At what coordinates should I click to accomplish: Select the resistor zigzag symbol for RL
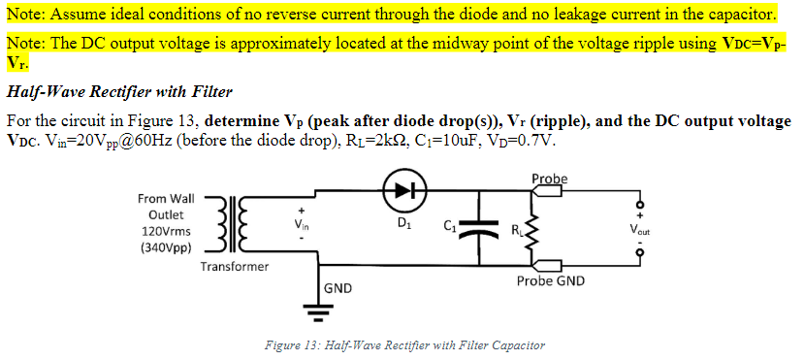coord(530,230)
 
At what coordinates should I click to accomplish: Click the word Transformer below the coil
coord(235,266)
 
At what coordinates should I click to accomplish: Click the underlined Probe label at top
coord(550,179)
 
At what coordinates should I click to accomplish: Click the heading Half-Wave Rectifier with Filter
coord(119,92)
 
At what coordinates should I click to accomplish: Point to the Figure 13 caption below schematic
coord(404,345)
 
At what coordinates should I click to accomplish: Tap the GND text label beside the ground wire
coord(338,288)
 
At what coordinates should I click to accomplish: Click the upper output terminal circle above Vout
coord(639,202)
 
